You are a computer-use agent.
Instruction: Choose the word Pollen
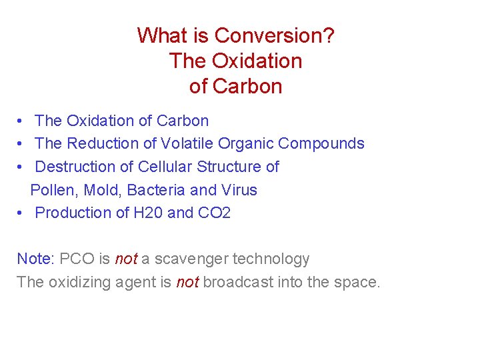pyautogui.click(x=53, y=190)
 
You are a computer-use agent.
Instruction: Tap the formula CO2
pyautogui.click(x=214, y=213)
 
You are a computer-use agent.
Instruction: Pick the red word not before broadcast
pyautogui.click(x=187, y=282)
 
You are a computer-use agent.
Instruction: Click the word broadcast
pyautogui.click(x=237, y=282)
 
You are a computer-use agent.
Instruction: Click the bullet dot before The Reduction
pyautogui.click(x=22, y=144)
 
